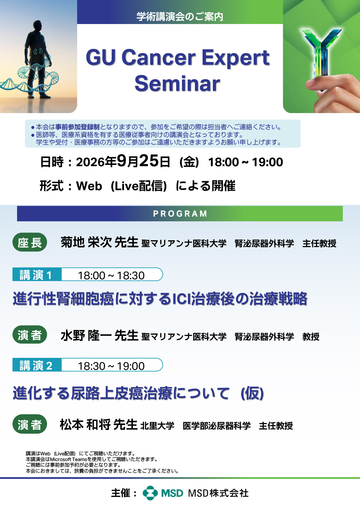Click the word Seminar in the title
coord(177,83)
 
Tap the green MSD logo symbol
coord(150,493)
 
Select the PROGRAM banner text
coord(180,214)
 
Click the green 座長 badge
coord(30,242)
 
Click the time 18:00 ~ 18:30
coord(111,276)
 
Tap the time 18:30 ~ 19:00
coord(111,366)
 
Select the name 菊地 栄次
coord(86,242)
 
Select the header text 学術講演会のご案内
coord(180,17)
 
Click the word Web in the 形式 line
coord(89,186)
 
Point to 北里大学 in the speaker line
coord(157,426)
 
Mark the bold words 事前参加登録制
coord(77,127)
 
